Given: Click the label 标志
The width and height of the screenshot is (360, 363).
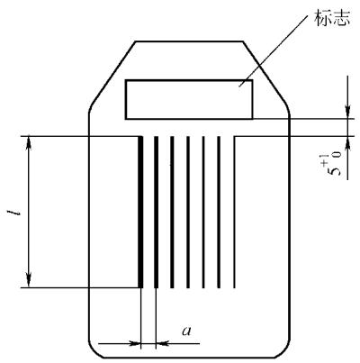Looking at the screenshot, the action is [x=332, y=18].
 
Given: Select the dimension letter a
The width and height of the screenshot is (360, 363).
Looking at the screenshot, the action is [x=186, y=331].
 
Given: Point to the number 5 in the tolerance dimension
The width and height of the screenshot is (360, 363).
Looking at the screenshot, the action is [x=336, y=171].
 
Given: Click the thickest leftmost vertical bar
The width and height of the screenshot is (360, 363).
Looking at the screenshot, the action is [x=140, y=212].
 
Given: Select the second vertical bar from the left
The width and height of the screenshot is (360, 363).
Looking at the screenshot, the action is [x=156, y=212].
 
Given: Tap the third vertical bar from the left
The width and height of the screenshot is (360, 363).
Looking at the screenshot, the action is [x=172, y=212].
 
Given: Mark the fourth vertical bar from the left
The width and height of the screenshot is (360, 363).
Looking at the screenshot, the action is [x=188, y=212].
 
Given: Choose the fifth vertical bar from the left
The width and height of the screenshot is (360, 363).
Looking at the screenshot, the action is [x=203, y=212].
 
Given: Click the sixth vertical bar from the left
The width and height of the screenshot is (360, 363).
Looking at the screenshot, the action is [x=219, y=212].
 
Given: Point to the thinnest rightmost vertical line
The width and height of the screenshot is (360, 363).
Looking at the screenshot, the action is [x=234, y=212].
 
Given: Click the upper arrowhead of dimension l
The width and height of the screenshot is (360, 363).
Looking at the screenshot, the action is [x=29, y=142].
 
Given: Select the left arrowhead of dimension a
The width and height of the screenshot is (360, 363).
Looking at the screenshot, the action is [x=135, y=343].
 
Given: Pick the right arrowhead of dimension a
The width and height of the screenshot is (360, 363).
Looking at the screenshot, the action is [x=162, y=343].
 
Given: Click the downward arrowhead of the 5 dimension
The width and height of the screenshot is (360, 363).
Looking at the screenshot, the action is [x=347, y=113].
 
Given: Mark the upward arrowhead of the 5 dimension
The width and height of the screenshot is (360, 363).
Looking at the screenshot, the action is [x=347, y=142].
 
